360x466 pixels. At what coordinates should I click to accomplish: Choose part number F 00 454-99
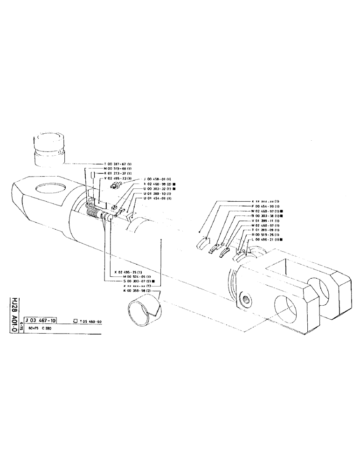tap(265, 206)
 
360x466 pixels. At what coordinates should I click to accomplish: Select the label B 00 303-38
tap(265, 216)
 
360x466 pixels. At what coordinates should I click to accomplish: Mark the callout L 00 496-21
tap(265, 240)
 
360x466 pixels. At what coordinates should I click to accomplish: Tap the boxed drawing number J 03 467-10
tap(42, 321)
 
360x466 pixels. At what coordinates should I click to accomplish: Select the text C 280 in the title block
tap(47, 329)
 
